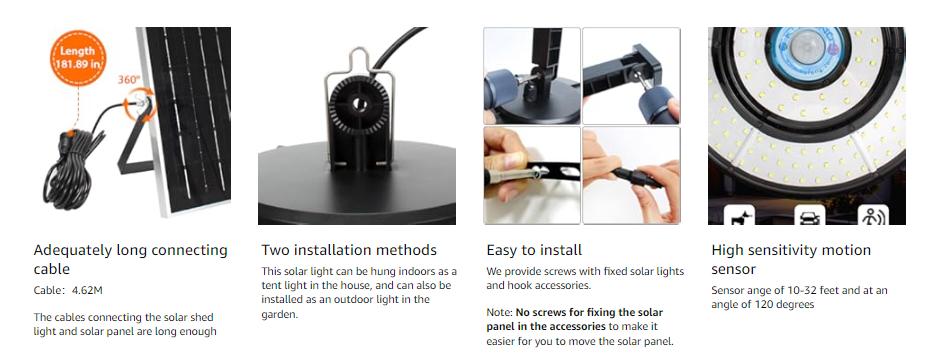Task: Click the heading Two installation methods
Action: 349,250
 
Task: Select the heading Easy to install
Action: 534,250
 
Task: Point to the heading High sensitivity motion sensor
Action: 791,259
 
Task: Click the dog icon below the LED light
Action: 739,214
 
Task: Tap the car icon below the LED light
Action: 808,214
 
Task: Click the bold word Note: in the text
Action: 500,312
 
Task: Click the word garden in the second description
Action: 281,314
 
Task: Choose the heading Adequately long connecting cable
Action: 130,259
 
